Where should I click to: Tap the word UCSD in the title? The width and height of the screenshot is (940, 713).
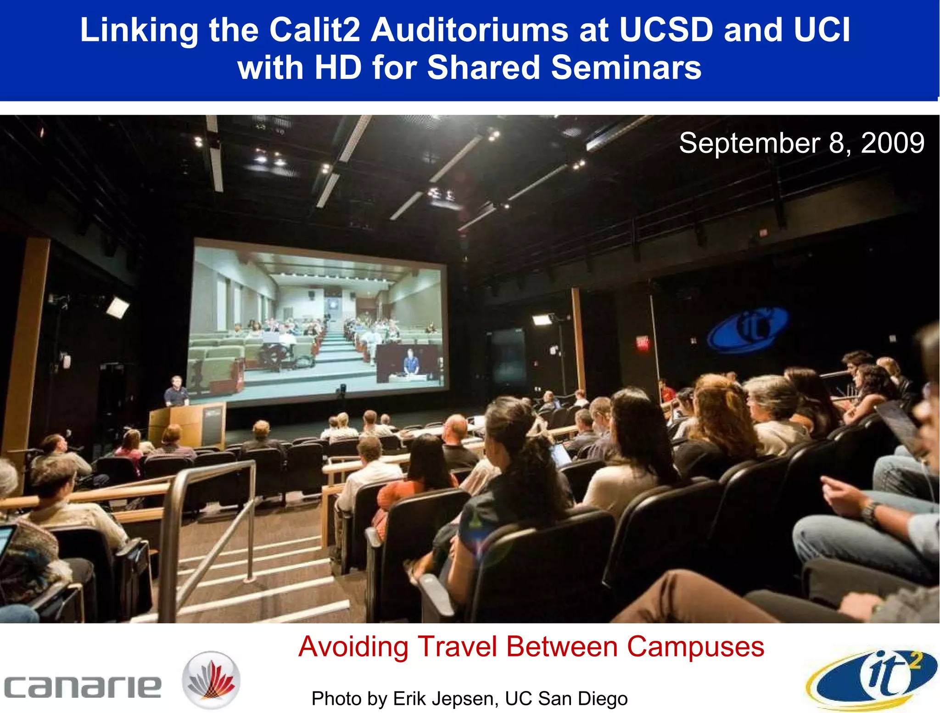pos(666,30)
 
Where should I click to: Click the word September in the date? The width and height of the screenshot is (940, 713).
pos(750,143)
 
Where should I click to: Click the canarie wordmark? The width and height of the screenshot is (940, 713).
pos(83,687)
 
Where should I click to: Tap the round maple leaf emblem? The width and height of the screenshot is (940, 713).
pos(211,679)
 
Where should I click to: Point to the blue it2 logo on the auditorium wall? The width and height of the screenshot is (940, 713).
pos(748,329)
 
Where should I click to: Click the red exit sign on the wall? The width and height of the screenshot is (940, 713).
pos(642,342)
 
